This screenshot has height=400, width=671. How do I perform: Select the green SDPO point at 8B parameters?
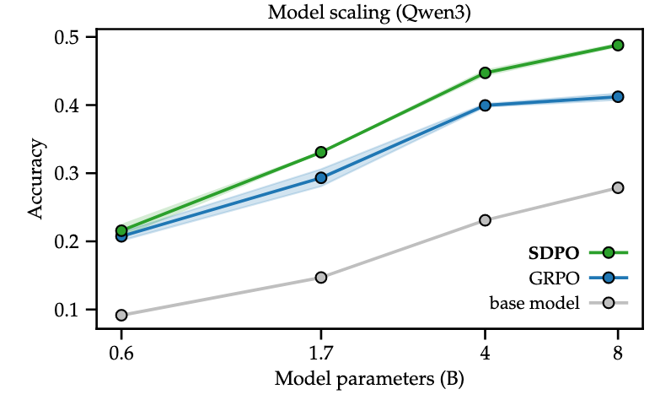coord(617,45)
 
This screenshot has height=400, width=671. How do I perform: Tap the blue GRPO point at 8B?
coord(617,97)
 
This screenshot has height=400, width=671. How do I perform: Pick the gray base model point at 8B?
coord(617,187)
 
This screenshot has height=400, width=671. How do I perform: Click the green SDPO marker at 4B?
coord(486,73)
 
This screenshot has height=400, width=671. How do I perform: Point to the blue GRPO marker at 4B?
coord(486,105)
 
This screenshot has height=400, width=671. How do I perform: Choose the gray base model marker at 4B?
coord(486,220)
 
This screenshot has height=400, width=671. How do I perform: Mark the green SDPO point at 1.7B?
coord(321,152)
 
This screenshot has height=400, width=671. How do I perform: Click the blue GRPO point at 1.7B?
coord(321,177)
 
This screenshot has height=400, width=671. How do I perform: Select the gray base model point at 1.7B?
coord(321,277)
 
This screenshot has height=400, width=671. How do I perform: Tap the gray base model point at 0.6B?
coord(121,315)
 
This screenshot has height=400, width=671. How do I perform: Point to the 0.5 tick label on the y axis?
coord(68,37)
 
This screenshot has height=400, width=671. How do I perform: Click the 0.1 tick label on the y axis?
coord(68,310)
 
